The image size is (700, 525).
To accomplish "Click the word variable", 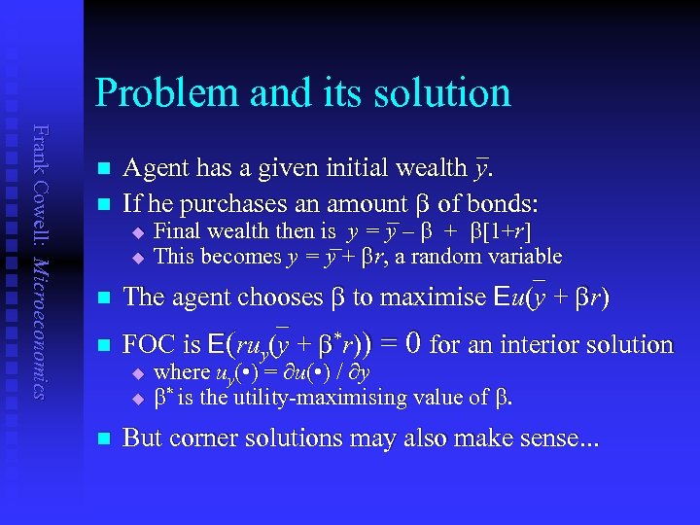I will click(526, 257).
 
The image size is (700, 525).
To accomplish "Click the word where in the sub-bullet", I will click(182, 372).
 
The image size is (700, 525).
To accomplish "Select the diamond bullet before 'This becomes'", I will click(139, 258).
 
